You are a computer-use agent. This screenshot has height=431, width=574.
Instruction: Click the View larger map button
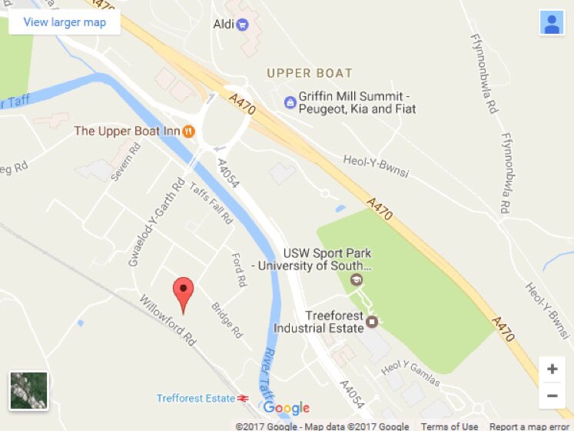point(65,22)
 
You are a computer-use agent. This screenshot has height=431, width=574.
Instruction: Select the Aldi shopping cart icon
point(243,25)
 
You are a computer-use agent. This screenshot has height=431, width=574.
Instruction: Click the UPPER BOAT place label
point(310,74)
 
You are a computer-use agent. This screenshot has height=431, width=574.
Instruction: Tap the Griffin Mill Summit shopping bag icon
point(290,102)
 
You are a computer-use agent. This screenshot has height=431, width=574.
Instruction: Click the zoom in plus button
point(552,369)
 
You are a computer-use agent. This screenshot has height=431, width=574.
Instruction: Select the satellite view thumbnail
point(29,391)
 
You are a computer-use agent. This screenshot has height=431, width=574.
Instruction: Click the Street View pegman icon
point(552,23)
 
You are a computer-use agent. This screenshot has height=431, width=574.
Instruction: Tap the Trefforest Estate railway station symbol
point(243,399)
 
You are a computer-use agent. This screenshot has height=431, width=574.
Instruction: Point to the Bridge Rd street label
point(227,320)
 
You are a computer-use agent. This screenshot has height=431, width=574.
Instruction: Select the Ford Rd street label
point(238,269)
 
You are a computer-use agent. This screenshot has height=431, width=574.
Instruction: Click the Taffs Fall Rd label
point(211,203)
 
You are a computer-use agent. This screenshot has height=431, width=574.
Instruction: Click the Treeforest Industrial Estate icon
point(373,321)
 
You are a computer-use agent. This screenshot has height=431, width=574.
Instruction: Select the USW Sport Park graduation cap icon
point(357,279)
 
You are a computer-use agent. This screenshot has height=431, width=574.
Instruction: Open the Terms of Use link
point(450,426)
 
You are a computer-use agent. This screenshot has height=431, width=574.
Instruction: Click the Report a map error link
point(531,426)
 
